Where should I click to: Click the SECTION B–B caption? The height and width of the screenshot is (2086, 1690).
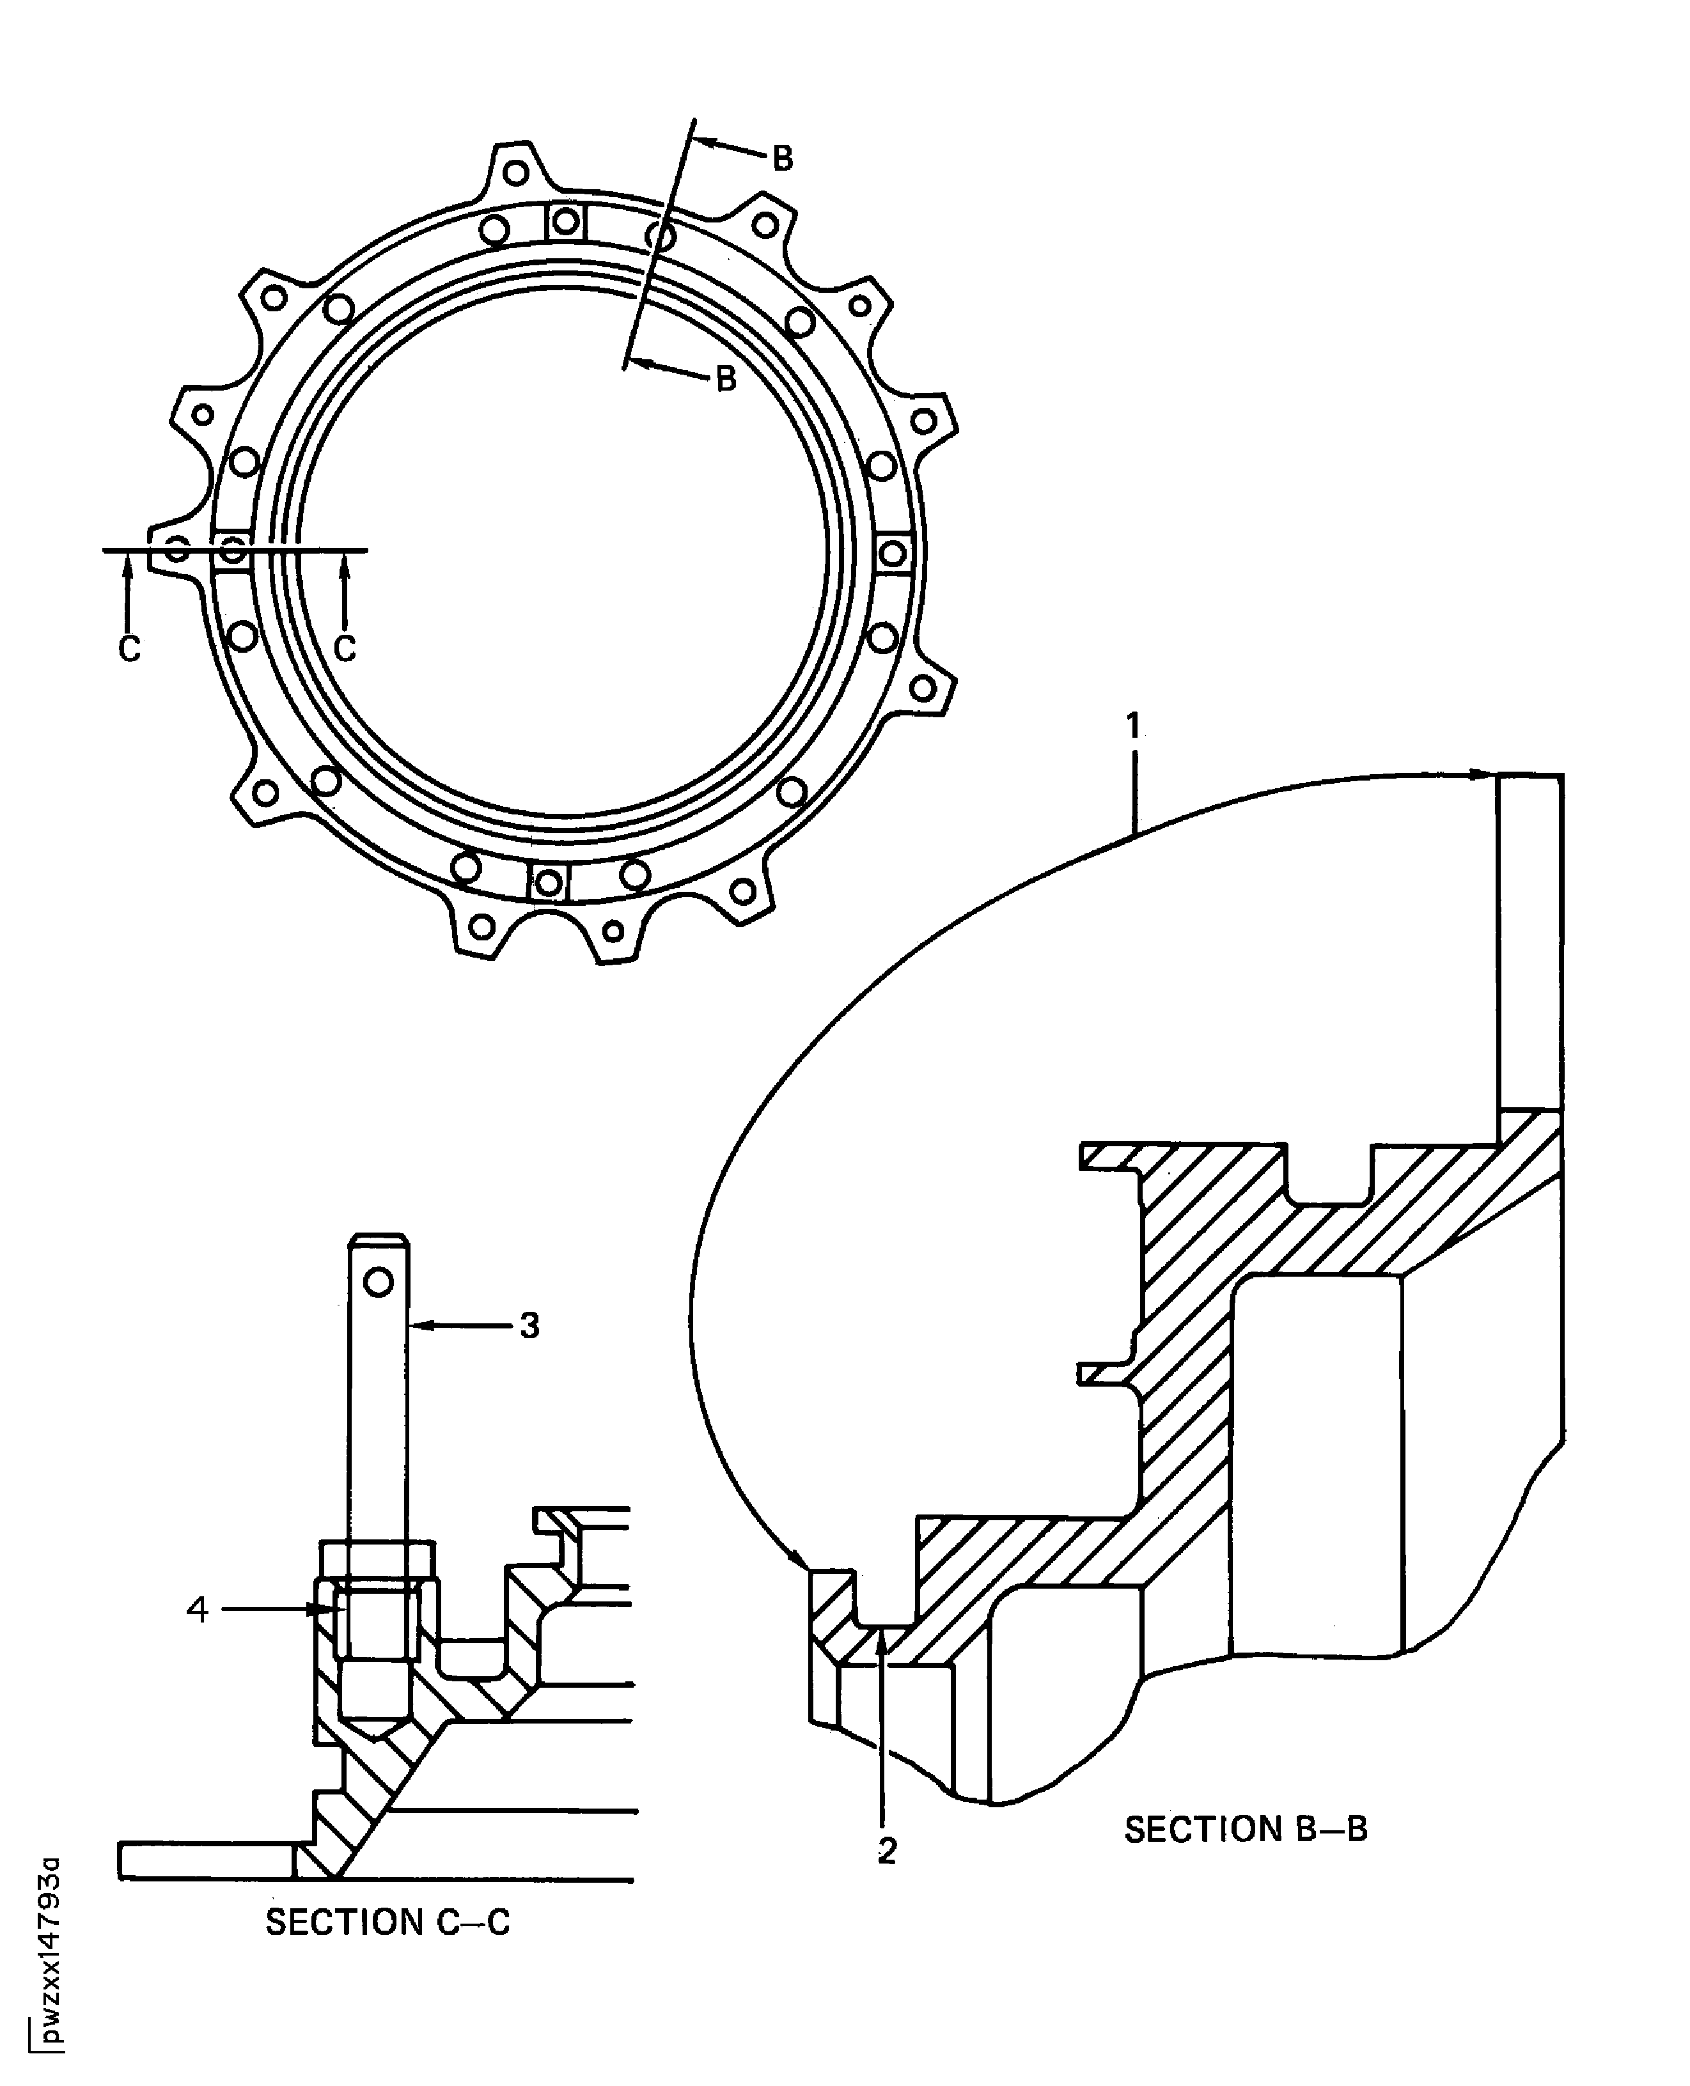[x=1246, y=1830]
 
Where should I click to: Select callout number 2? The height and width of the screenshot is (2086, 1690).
[x=886, y=1851]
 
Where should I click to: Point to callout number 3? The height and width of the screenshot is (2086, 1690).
[x=529, y=1325]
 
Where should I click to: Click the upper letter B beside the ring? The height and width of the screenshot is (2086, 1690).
[x=782, y=159]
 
